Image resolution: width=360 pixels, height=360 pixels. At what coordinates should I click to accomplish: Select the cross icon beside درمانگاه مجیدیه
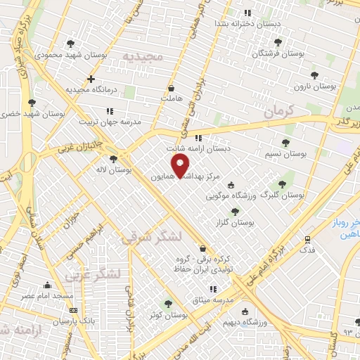point(91,79)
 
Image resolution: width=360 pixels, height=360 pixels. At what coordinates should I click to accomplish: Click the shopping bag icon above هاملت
point(172,89)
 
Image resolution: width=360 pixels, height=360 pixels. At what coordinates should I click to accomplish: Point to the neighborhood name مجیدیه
point(142,55)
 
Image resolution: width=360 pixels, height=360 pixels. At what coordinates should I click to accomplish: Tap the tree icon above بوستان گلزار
point(235,211)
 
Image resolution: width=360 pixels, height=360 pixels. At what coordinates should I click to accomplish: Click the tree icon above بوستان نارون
point(314,75)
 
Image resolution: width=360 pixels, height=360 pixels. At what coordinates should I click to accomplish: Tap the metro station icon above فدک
point(307,239)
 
